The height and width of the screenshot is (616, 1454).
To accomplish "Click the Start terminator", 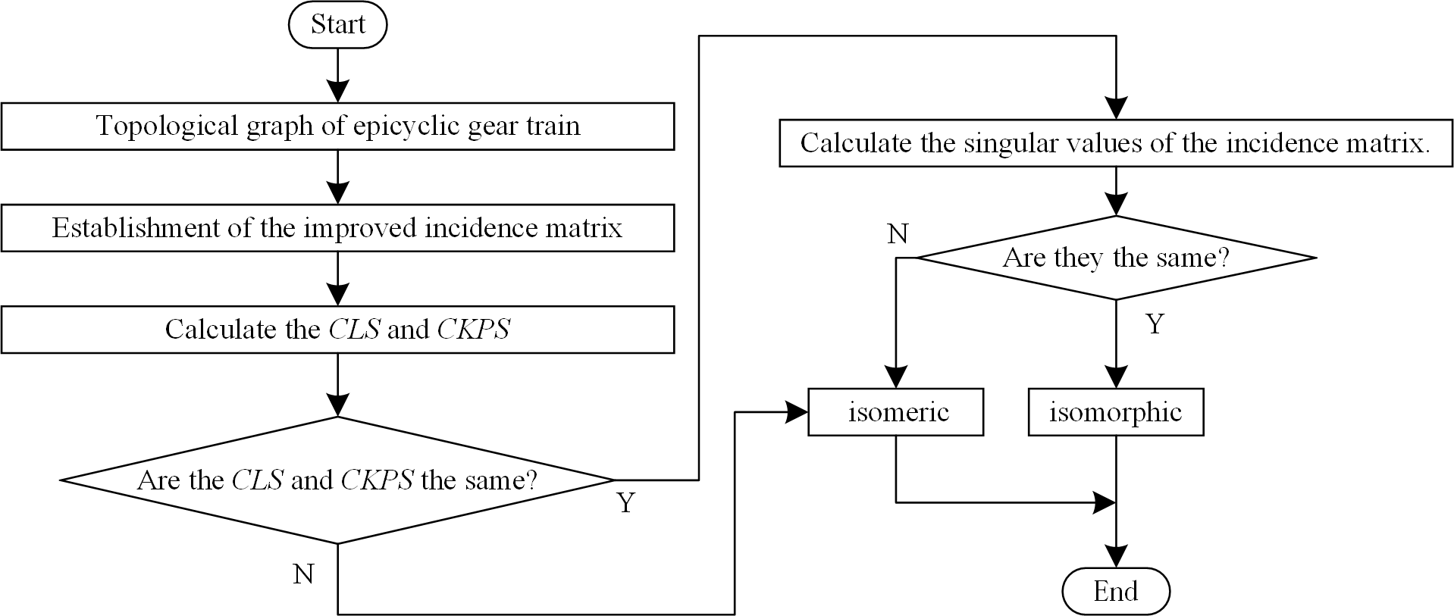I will tap(337, 25).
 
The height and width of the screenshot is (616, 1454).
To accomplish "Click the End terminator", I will tap(1116, 591).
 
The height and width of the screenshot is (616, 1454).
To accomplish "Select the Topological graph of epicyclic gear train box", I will tap(337, 126).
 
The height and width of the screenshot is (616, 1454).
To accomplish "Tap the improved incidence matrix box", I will tap(337, 228).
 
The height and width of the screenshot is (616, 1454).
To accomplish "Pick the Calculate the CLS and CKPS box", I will tap(337, 330).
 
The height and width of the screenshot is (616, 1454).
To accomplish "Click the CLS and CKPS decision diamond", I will tap(337, 480).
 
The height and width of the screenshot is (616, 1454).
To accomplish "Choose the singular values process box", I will tap(1116, 143).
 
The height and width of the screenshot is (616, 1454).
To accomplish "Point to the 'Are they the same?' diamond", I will tap(1116, 258).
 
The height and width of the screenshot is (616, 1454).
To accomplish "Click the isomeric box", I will tap(896, 412).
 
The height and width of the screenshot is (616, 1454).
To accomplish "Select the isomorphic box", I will tap(1116, 412).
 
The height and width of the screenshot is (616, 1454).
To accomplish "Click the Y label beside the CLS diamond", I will tap(625, 502).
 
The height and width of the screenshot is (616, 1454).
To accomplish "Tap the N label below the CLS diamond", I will tap(303, 575).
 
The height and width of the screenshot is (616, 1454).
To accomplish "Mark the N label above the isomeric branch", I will tap(898, 235).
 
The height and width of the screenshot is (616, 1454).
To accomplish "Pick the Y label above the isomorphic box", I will tap(1155, 324).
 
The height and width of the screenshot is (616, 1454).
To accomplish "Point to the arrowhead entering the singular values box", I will tap(1116, 108).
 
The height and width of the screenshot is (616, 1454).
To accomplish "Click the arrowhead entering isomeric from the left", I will tap(798, 412).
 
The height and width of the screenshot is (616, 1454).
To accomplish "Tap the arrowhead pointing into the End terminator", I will tap(1116, 557).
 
